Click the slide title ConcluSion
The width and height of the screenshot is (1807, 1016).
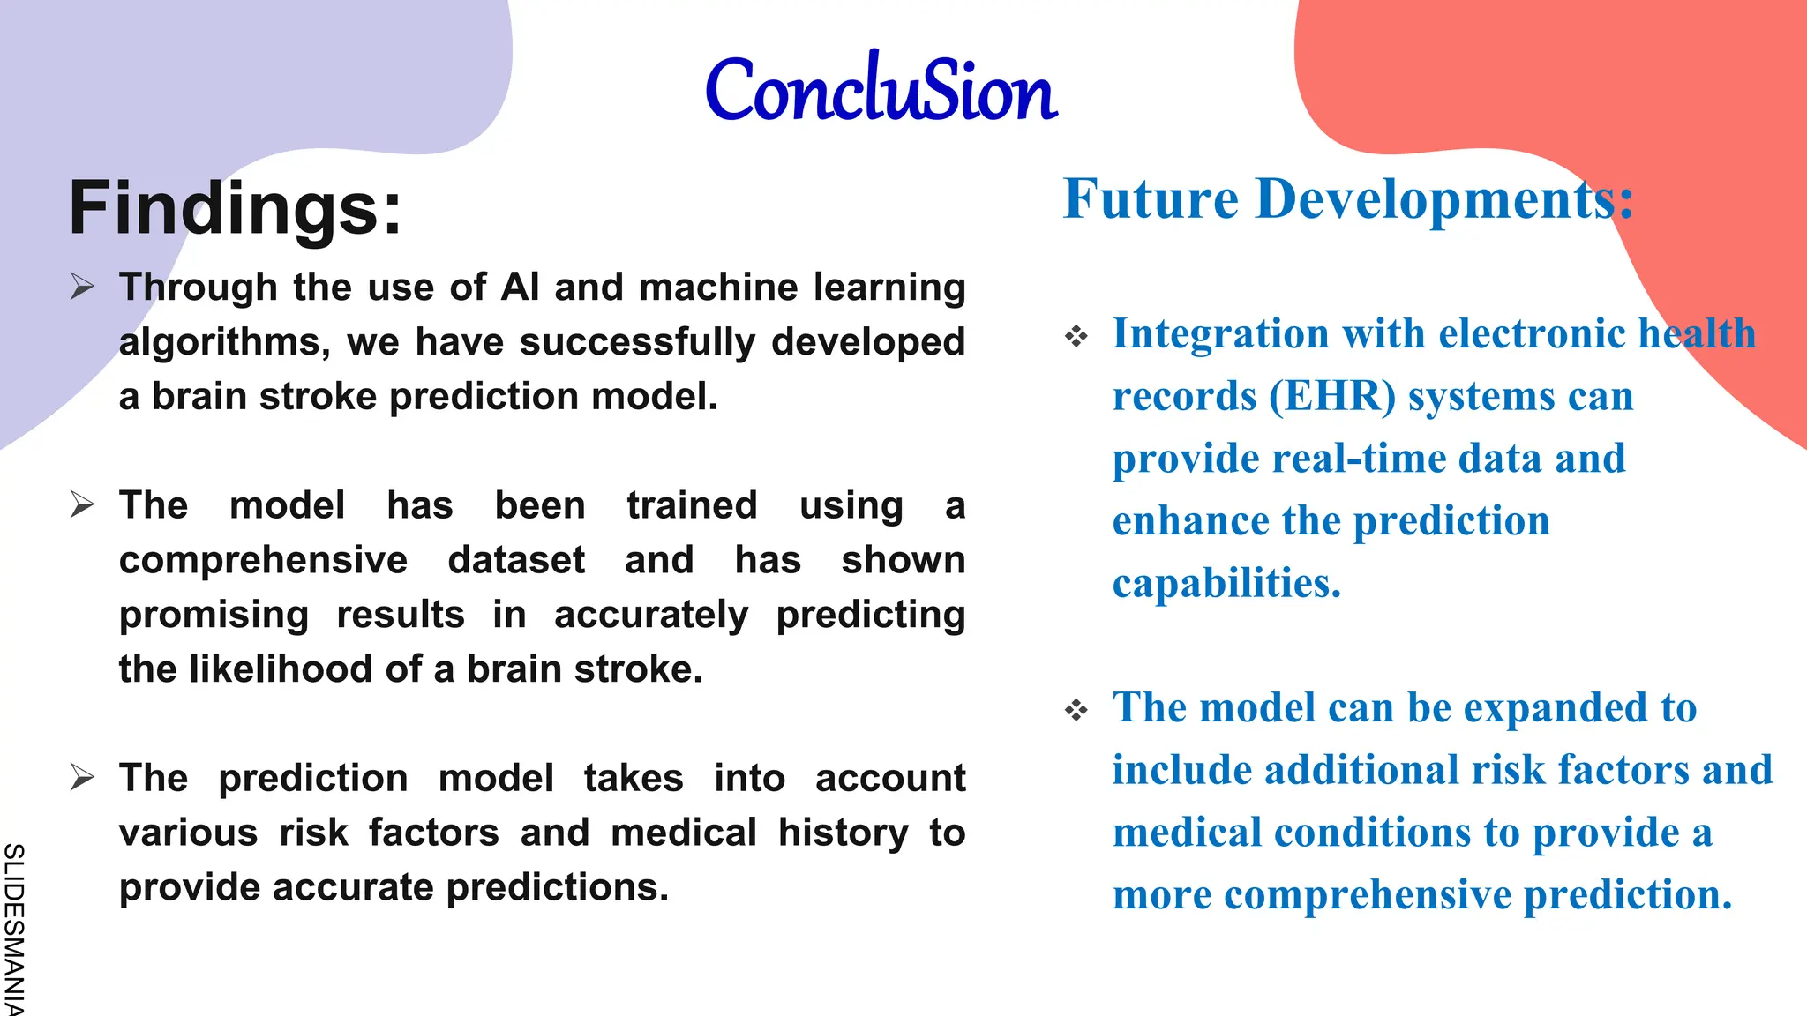pyautogui.click(x=881, y=90)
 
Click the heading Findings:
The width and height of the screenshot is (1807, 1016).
pyautogui.click(x=235, y=208)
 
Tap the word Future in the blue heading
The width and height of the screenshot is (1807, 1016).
pyautogui.click(x=1151, y=199)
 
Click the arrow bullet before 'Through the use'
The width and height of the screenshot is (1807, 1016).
pyautogui.click(x=82, y=287)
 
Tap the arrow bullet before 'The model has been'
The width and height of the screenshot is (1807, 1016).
pyautogui.click(x=82, y=504)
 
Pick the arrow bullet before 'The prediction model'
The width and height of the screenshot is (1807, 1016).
pyautogui.click(x=82, y=777)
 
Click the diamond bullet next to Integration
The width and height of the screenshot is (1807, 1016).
pyautogui.click(x=1076, y=336)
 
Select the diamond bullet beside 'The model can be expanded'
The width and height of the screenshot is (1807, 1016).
pyautogui.click(x=1076, y=709)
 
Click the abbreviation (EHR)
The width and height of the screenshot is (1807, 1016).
pyautogui.click(x=1332, y=396)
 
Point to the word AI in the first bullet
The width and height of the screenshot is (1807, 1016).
pyautogui.click(x=520, y=288)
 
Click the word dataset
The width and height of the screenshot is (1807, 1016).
pyautogui.click(x=516, y=560)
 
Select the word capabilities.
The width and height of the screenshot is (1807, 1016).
pyautogui.click(x=1226, y=584)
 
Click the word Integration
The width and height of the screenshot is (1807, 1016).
pyautogui.click(x=1220, y=334)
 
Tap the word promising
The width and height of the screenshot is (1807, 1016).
pyautogui.click(x=214, y=616)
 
